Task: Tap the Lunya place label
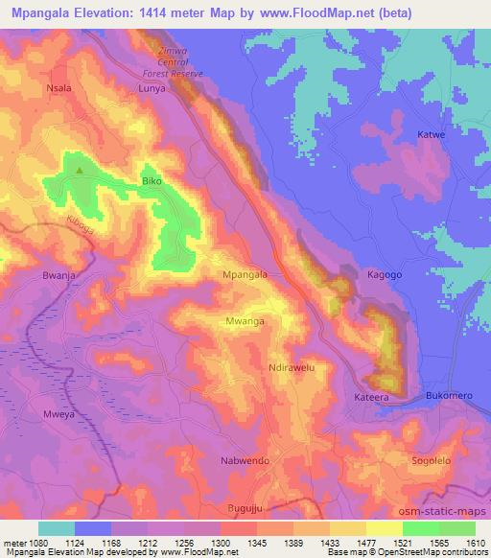(x=152, y=87)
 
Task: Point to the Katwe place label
(x=432, y=135)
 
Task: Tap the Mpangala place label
(x=244, y=274)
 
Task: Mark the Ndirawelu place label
(x=292, y=367)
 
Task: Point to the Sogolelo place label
(x=431, y=461)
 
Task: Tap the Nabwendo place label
(x=274, y=461)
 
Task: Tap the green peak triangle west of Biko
(x=80, y=172)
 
